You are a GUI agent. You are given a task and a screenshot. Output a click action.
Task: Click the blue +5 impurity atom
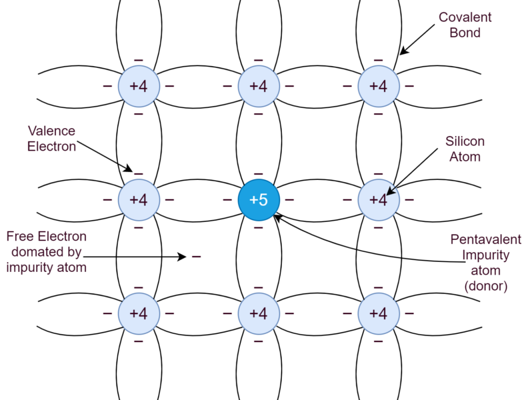coord(259,200)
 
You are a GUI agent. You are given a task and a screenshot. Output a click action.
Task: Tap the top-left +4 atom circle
coord(139,86)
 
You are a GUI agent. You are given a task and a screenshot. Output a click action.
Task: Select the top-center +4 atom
coord(259,86)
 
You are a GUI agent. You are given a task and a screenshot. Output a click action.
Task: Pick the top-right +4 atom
coord(379,86)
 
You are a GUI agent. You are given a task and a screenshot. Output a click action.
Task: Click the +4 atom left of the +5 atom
coord(139,200)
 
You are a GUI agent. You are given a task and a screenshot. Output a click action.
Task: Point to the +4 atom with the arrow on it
coord(379,200)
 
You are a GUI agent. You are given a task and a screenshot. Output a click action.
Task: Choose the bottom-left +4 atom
coord(139,313)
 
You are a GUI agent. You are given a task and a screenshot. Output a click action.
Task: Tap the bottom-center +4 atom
coord(259,313)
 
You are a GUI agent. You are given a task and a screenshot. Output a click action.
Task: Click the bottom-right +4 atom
coord(379,313)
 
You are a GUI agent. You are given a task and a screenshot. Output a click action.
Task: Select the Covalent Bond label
coord(465,25)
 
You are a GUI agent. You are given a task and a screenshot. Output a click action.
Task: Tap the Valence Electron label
coord(51,139)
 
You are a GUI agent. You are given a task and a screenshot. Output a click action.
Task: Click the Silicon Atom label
coord(465,149)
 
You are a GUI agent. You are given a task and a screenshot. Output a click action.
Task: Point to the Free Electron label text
coord(47,252)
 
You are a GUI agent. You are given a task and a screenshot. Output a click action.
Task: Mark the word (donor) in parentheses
coord(485,287)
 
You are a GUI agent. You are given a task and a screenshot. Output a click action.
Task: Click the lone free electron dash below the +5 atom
coord(197,256)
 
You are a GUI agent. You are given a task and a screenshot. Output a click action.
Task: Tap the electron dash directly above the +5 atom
coord(259,174)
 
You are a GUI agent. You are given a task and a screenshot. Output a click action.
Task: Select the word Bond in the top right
coord(465,33)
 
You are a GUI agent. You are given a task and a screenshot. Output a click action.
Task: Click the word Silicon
coord(465,141)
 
